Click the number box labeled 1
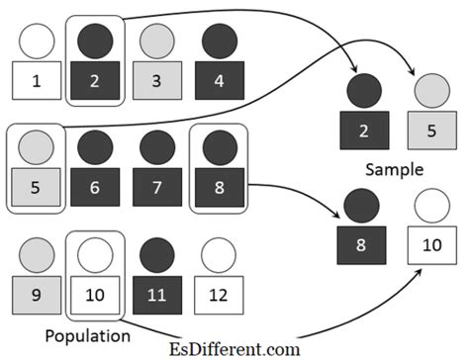click(37, 80)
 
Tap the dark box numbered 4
click(219, 80)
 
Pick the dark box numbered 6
click(95, 188)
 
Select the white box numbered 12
click(218, 294)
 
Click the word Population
click(93, 335)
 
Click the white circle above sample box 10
click(432, 206)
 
